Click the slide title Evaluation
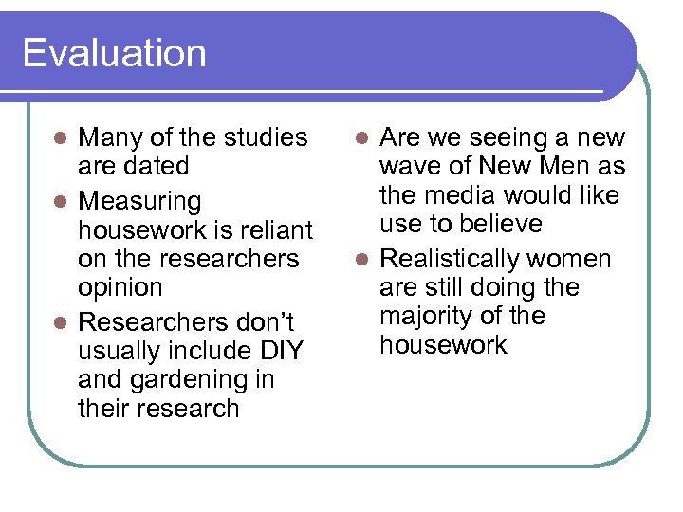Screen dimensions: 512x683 [x=114, y=53]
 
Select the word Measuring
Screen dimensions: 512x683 [x=139, y=202]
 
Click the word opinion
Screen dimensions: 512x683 [x=120, y=287]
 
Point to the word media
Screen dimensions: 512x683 [x=463, y=195]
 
